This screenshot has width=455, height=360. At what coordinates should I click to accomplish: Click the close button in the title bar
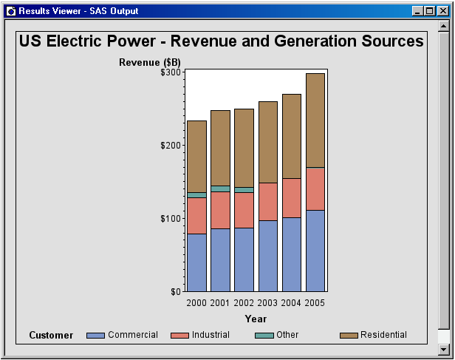(x=443, y=11)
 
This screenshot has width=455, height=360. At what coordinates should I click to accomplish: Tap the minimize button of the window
(x=417, y=11)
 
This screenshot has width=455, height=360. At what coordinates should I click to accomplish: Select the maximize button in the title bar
(x=429, y=11)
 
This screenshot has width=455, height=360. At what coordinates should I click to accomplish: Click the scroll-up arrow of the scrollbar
(x=444, y=27)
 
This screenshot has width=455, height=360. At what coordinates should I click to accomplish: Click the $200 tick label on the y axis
(x=171, y=145)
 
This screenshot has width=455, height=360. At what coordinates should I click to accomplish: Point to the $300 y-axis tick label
(x=171, y=72)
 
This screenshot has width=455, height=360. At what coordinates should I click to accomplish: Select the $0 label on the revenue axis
(x=176, y=291)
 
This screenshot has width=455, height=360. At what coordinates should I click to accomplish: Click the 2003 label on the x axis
(x=267, y=303)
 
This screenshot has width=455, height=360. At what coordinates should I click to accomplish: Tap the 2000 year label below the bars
(x=196, y=303)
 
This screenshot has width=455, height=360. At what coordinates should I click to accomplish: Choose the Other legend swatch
(x=264, y=336)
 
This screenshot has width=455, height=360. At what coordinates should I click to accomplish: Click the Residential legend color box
(x=349, y=336)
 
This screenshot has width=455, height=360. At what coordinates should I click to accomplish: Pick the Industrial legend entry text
(x=211, y=335)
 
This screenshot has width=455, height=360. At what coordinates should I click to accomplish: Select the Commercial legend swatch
(x=95, y=336)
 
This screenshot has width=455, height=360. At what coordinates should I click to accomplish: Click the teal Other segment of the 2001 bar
(x=220, y=189)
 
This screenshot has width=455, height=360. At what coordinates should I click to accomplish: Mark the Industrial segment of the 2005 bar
(x=315, y=189)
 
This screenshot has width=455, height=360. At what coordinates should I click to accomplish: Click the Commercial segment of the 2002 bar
(x=244, y=259)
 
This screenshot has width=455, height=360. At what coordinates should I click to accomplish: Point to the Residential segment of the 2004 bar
(x=292, y=136)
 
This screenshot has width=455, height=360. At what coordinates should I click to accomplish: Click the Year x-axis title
(x=256, y=319)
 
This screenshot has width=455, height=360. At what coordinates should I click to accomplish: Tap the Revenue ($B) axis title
(x=150, y=62)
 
